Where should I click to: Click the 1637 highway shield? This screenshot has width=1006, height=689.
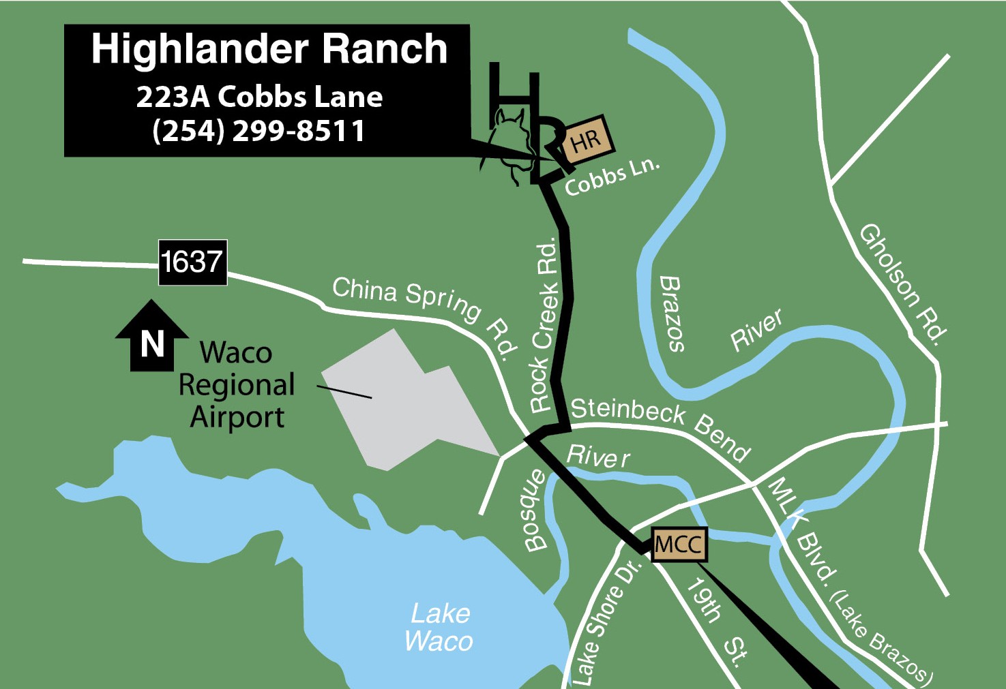192,262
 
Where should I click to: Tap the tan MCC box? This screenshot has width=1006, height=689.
678,545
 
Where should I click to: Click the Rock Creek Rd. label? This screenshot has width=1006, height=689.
544,325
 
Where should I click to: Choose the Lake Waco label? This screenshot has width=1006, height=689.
439,628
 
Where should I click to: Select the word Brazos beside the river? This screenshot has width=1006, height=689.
672,313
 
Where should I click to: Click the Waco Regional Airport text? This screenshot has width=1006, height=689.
236,385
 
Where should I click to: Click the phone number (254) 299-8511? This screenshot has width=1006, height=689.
258,130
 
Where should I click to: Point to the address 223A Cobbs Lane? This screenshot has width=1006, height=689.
259,97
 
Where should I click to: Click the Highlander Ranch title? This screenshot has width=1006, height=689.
269,49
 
